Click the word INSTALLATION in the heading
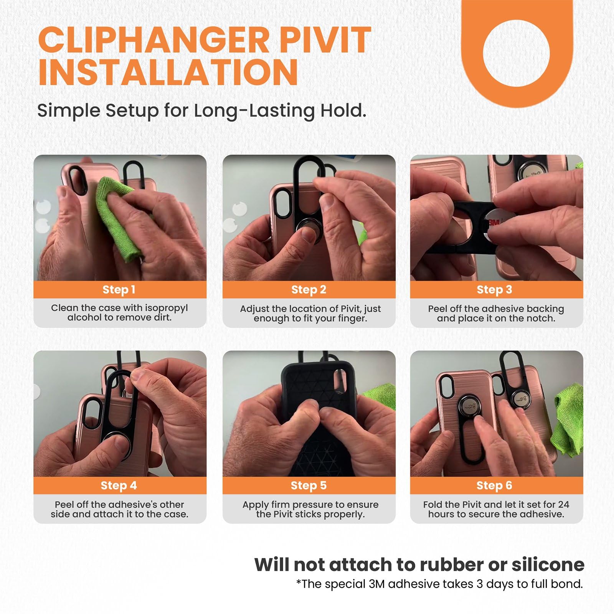[x=168, y=73]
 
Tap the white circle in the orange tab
[x=516, y=53]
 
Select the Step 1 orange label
[x=119, y=290]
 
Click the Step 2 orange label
[x=309, y=290]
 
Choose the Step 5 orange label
[x=309, y=485]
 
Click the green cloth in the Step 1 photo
[x=119, y=219]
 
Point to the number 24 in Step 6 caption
[x=563, y=504]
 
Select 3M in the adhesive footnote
[x=376, y=584]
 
